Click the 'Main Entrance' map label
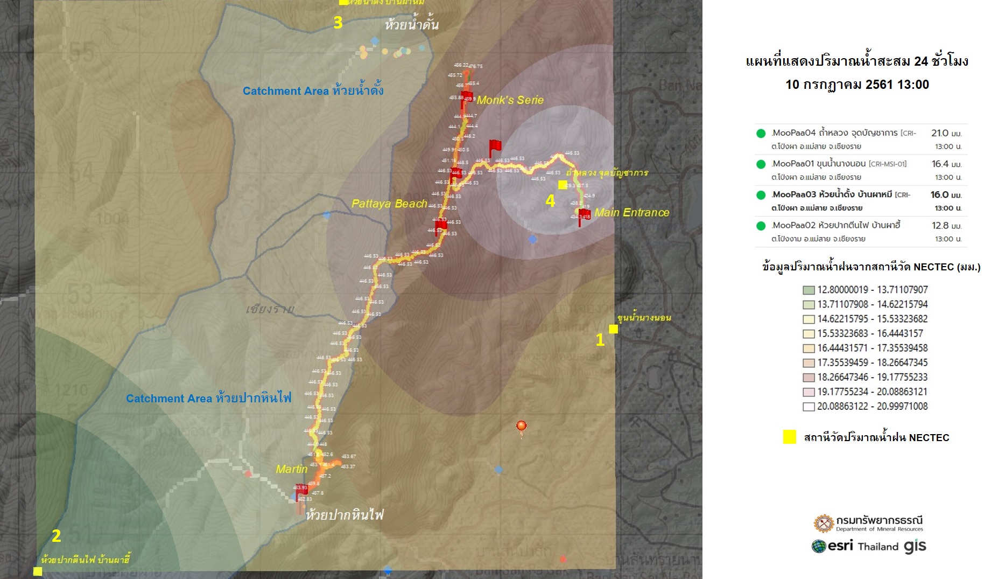[631, 213]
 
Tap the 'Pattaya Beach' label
[389, 204]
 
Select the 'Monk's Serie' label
[510, 100]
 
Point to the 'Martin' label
[291, 469]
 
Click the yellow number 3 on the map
[338, 23]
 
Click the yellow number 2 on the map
[56, 536]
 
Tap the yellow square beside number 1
[613, 329]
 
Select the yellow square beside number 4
[563, 185]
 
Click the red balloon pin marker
[521, 427]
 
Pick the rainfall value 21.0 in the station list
[940, 133]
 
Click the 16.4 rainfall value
[940, 164]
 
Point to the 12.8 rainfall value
[940, 226]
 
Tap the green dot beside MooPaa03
[761, 195]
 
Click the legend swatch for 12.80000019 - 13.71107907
[809, 290]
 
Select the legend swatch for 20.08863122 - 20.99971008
[809, 407]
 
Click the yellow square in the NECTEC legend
[790, 437]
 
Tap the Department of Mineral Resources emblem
[823, 523]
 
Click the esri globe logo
[819, 546]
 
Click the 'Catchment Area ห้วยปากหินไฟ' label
[208, 399]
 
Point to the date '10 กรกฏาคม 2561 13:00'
[857, 85]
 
